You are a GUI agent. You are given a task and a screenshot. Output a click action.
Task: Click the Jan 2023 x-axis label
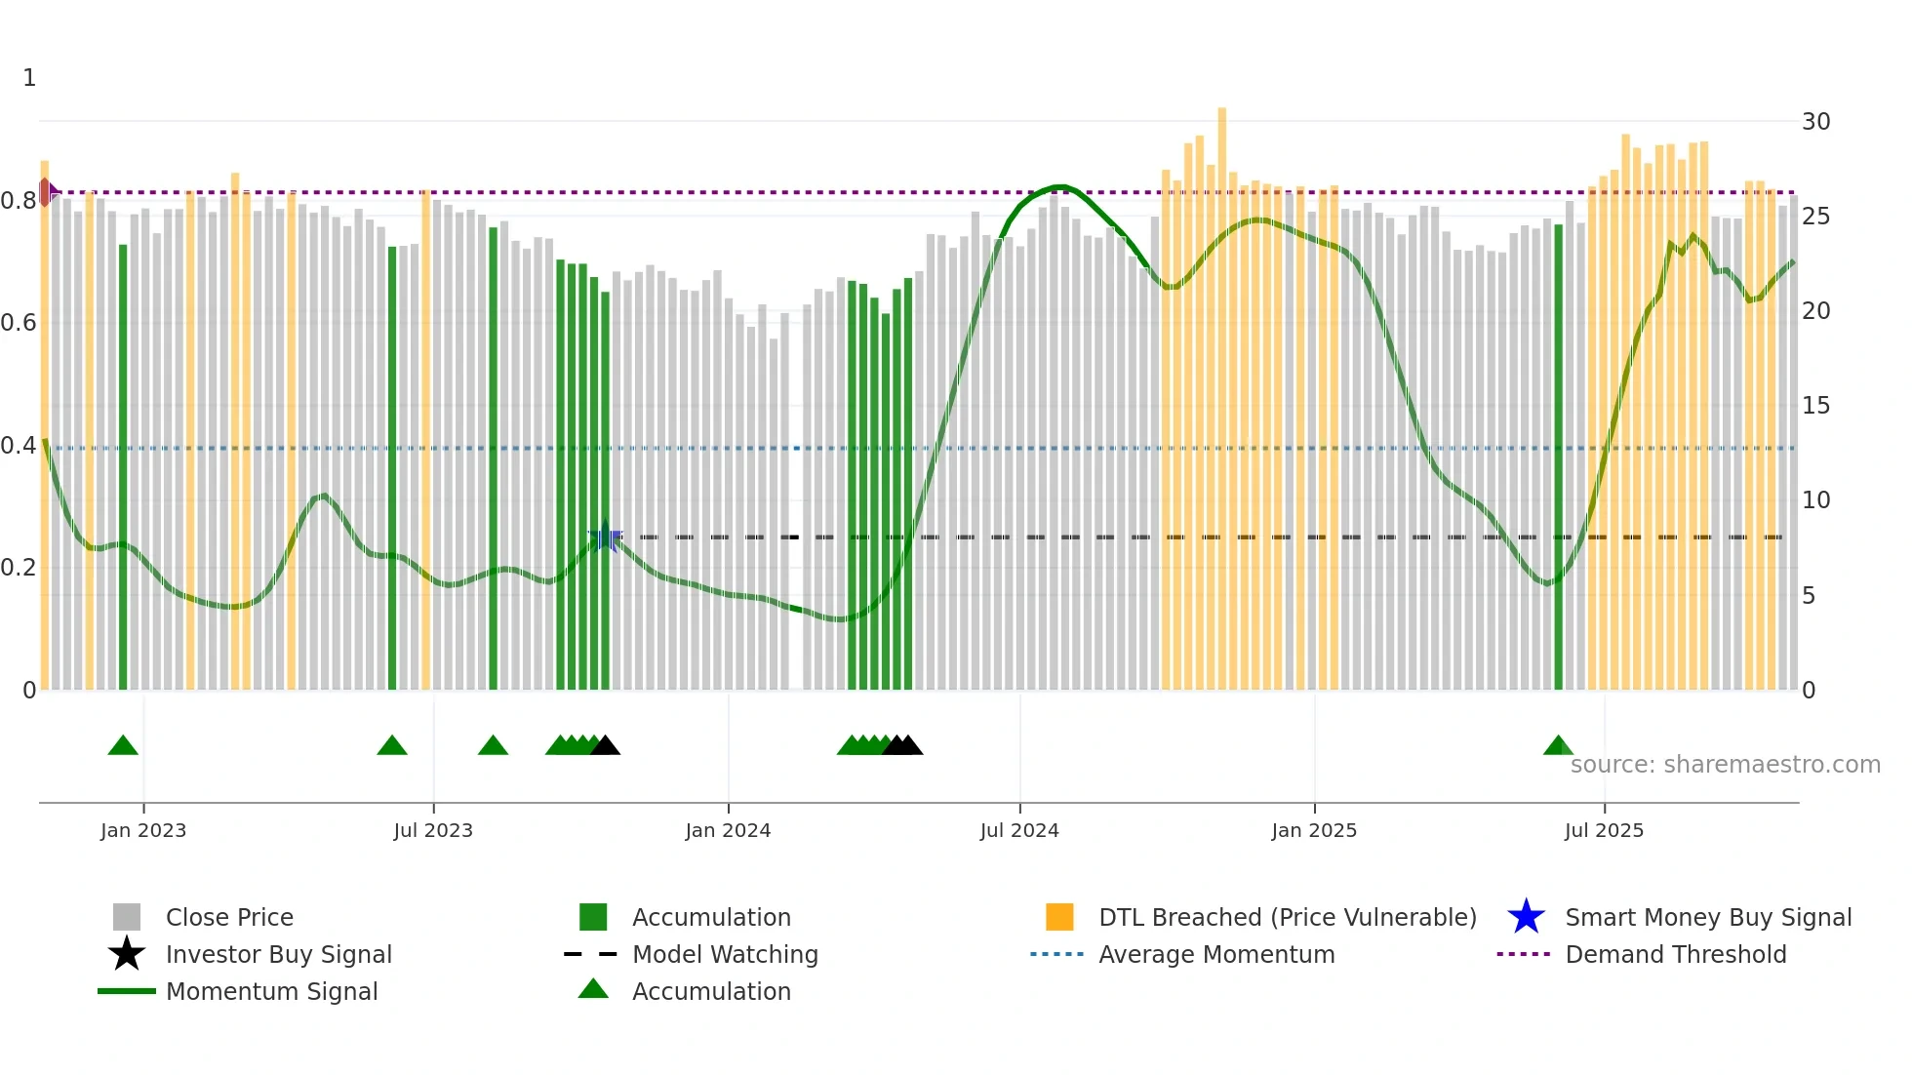pos(142,830)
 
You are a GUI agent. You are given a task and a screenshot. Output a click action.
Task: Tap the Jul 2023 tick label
pos(433,830)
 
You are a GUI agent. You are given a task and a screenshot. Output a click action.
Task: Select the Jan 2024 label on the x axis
pos(728,830)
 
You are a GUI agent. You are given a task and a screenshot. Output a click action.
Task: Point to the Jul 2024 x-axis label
pos(1019,830)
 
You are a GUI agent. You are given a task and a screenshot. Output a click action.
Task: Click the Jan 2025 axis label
pos(1314,830)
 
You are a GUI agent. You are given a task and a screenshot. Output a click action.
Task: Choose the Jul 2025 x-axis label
pos(1604,830)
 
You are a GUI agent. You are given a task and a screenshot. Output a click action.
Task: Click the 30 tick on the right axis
pos(1815,122)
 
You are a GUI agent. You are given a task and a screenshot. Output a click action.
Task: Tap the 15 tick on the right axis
pos(1815,406)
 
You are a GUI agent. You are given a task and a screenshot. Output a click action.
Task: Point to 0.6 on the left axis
pos(19,323)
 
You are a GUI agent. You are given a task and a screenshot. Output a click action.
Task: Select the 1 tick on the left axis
pos(29,78)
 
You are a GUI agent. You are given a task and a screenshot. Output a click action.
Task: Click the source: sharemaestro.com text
pos(1725,765)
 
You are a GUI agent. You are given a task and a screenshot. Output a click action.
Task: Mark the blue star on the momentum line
pos(605,537)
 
